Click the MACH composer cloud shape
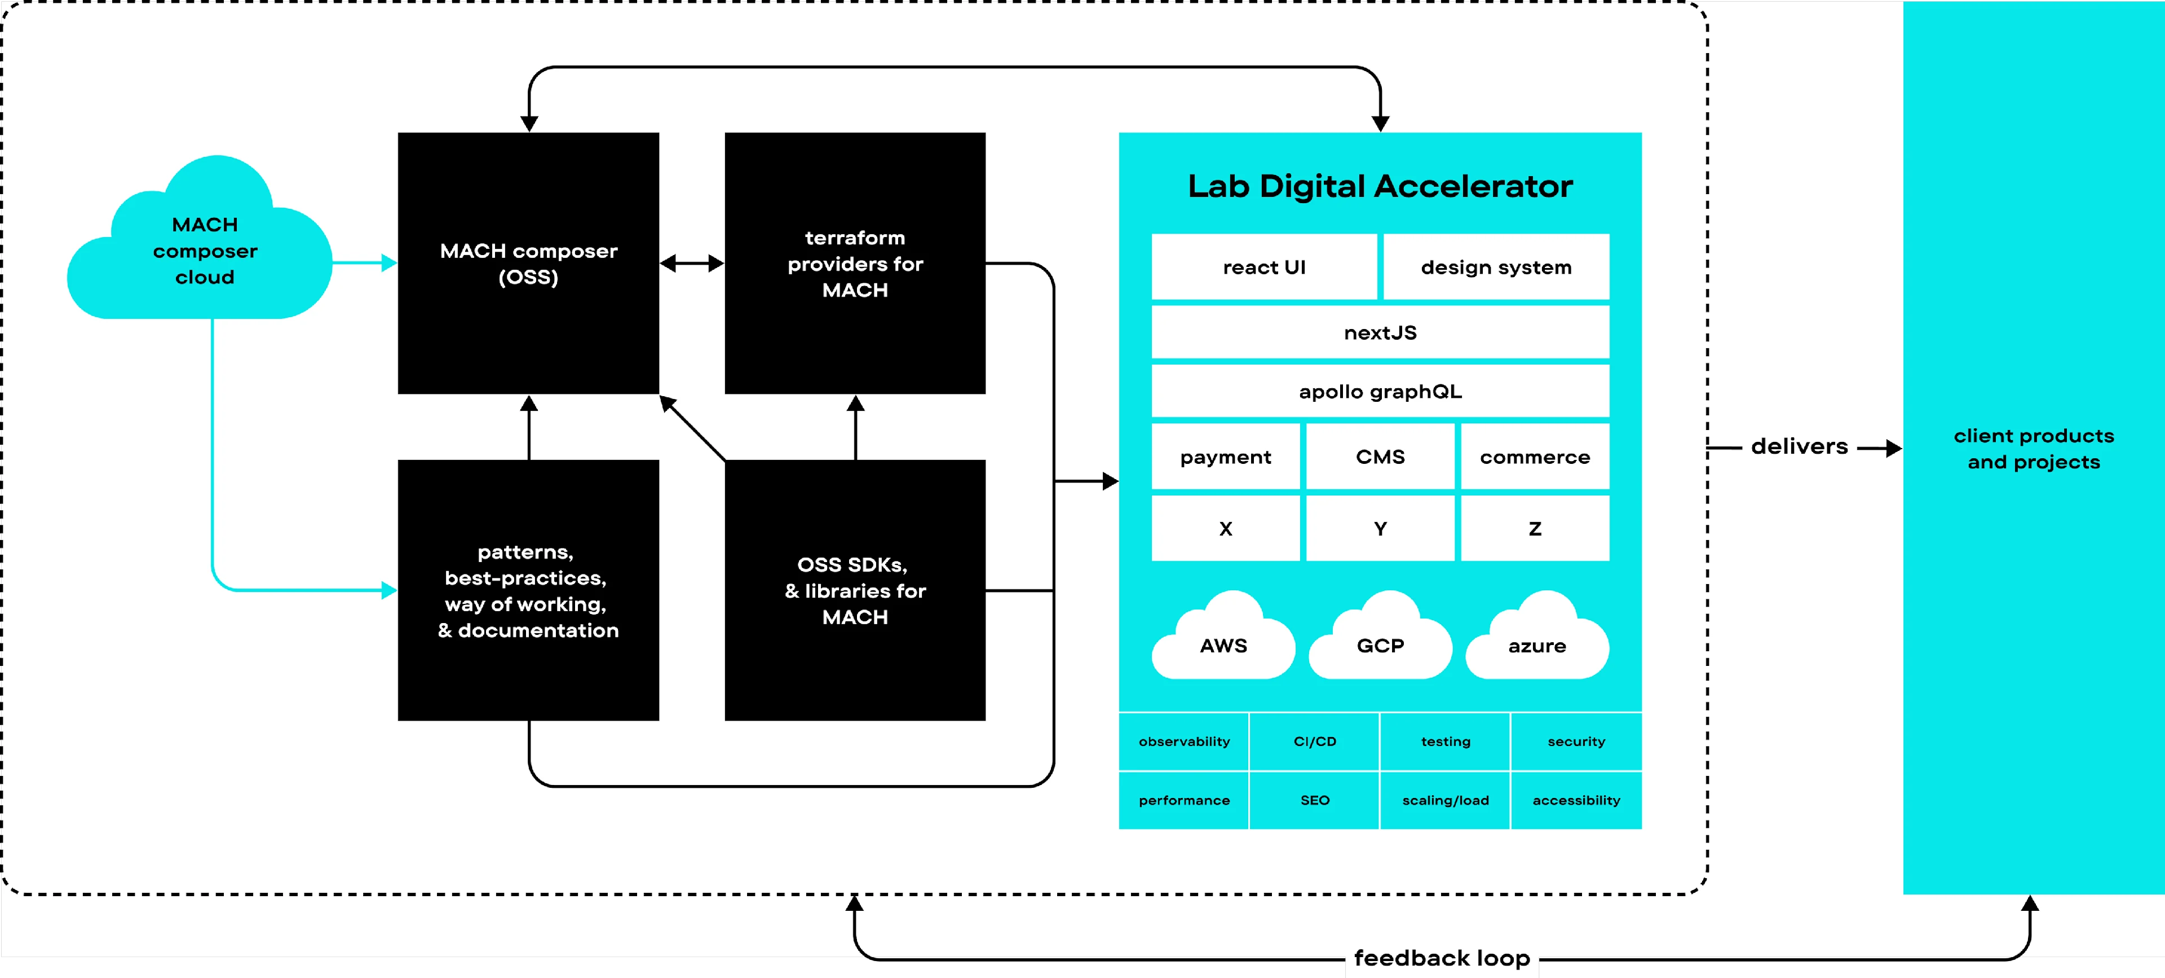(204, 251)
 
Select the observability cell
(1183, 742)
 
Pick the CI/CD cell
(1314, 742)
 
